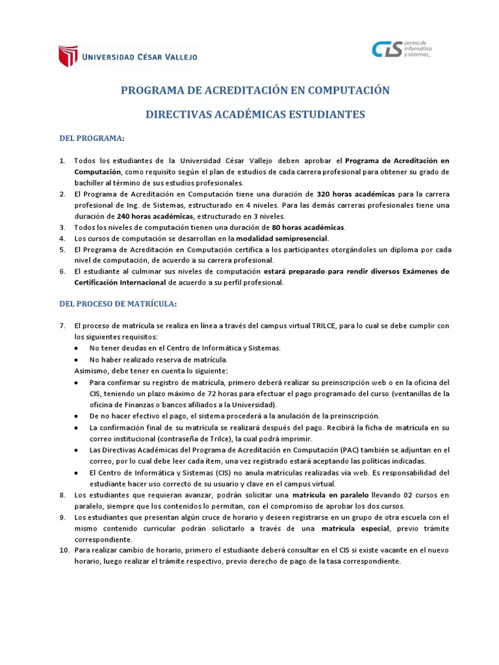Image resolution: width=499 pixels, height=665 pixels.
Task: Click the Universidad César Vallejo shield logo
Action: pyautogui.click(x=68, y=56)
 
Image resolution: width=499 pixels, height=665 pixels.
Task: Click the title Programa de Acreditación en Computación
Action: pyautogui.click(x=255, y=90)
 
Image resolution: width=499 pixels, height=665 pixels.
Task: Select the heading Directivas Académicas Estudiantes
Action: pyautogui.click(x=255, y=114)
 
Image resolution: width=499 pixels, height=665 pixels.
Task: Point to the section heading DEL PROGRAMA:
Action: pyautogui.click(x=92, y=139)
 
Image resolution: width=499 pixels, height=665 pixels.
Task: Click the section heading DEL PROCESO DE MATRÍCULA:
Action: pyautogui.click(x=118, y=303)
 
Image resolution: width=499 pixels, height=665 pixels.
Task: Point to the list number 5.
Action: pyautogui.click(x=62, y=249)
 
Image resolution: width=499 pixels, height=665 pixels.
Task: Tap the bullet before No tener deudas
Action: pyautogui.click(x=77, y=348)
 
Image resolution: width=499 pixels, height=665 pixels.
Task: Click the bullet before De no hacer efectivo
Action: pyautogui.click(x=77, y=416)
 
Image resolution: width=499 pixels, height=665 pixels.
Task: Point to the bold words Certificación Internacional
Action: pyautogui.click(x=120, y=282)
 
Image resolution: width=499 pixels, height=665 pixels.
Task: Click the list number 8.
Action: pyautogui.click(x=62, y=495)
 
